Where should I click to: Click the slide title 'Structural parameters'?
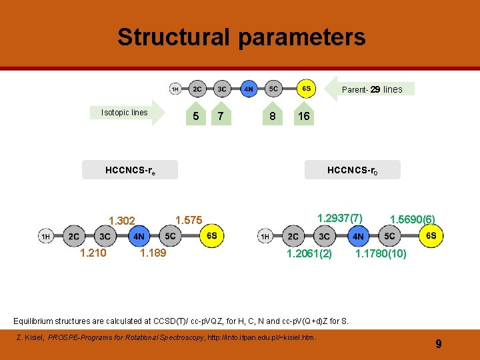241,37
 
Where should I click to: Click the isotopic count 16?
303,116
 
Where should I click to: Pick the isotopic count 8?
271,116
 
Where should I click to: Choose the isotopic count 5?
195,116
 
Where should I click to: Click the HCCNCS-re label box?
130,171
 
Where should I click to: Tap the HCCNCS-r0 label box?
353,170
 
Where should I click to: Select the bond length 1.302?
122,221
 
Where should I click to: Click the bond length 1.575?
188,219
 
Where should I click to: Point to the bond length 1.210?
93,253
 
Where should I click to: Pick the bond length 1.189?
153,253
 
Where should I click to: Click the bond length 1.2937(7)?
340,218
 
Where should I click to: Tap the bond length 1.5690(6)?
413,219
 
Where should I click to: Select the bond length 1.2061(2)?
309,253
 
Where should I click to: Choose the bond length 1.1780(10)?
381,253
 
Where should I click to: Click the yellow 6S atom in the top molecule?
305,88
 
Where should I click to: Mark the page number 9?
438,344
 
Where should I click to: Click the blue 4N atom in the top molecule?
247,89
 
